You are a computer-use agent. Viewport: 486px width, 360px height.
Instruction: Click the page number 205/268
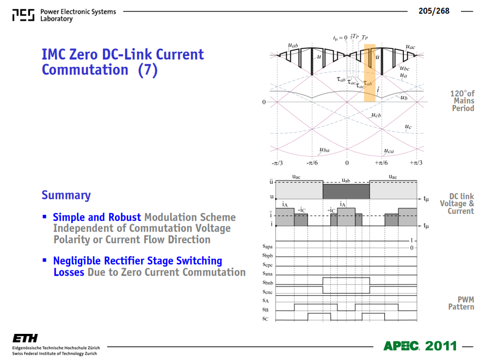click(434, 11)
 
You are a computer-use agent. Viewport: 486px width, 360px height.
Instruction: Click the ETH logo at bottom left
click(25, 338)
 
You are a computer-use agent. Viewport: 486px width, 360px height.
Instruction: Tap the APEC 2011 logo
click(420, 346)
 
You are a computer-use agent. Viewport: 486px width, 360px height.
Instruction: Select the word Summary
click(66, 195)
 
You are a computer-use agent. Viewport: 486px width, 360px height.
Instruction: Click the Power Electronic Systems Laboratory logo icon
click(23, 15)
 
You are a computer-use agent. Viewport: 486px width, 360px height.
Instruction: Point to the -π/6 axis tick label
click(312, 163)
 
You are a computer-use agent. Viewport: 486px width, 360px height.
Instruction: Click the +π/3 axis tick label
click(416, 163)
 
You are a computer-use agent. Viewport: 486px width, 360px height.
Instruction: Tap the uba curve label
click(324, 150)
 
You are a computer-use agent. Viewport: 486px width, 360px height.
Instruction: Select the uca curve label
click(389, 151)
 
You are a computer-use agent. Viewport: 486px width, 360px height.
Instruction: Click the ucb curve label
click(376, 115)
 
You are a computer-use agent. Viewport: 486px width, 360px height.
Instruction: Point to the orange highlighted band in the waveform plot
click(370, 73)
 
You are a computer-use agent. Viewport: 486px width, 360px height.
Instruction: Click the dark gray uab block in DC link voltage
click(346, 191)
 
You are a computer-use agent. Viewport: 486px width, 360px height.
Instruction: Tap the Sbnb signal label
click(268, 283)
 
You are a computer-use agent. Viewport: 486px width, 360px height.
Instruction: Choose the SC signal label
click(266, 319)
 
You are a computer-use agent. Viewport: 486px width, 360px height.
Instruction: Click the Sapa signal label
click(267, 246)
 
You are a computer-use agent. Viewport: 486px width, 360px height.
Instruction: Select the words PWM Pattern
click(461, 303)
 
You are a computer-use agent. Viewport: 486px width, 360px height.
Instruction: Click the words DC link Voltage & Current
click(457, 203)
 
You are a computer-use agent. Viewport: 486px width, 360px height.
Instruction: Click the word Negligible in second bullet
click(77, 261)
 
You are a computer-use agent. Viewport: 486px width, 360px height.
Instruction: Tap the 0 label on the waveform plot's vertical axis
click(264, 102)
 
